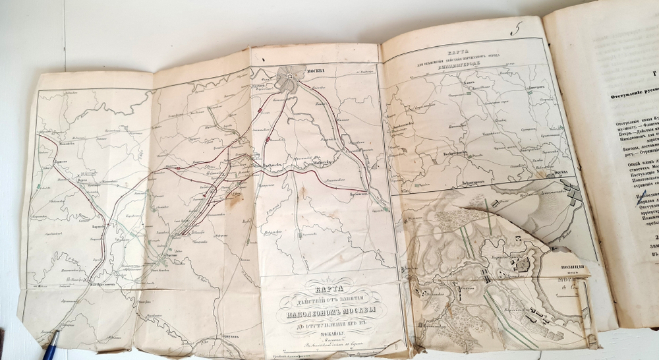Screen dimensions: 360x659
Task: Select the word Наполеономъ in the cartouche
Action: tap(328, 312)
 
